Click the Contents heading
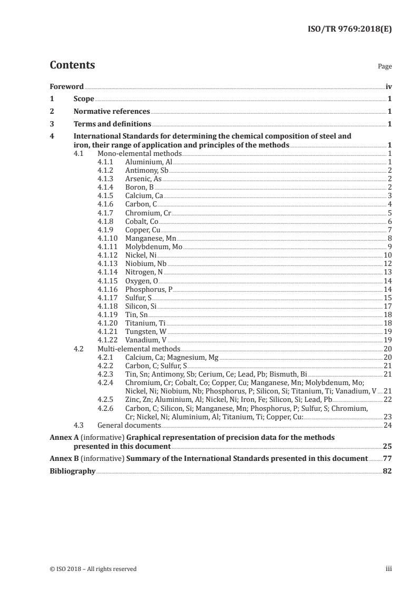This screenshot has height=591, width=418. click(x=72, y=65)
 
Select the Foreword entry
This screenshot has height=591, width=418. click(x=66, y=86)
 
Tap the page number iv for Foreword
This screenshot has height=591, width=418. click(x=388, y=86)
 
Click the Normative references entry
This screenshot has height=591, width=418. click(x=112, y=112)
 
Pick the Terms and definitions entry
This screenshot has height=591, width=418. click(x=112, y=124)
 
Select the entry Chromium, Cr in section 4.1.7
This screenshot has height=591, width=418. click(x=148, y=213)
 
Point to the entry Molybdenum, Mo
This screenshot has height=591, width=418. click(x=154, y=247)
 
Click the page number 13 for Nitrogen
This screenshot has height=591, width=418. click(x=387, y=272)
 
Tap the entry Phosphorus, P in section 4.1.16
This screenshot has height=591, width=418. click(x=149, y=289)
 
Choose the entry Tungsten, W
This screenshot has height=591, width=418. click(x=146, y=331)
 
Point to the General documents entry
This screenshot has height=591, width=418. click(x=130, y=425)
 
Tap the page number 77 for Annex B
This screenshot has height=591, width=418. click(x=387, y=458)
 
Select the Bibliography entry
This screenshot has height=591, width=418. click(x=72, y=471)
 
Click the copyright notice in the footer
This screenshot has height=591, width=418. click(x=93, y=569)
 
